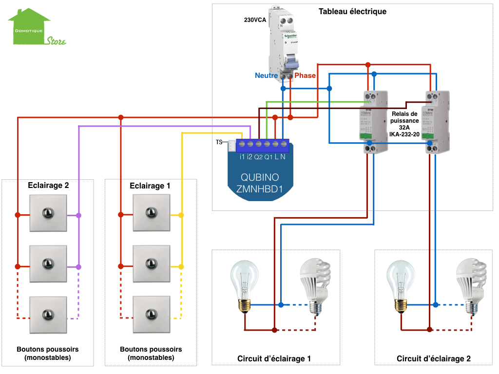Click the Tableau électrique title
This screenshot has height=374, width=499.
click(352, 11)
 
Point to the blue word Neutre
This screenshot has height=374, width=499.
click(266, 75)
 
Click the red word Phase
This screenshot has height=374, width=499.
click(305, 75)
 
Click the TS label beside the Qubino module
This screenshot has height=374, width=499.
click(219, 143)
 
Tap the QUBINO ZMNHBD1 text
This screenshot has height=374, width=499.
click(259, 184)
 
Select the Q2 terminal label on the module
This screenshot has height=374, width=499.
click(258, 157)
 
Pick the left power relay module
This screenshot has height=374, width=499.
click(372, 122)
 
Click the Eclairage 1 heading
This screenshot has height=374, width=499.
click(150, 186)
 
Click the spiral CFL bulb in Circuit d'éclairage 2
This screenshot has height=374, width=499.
click(471, 284)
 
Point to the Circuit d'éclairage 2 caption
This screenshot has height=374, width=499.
click(433, 359)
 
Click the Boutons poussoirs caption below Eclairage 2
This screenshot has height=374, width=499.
click(47, 353)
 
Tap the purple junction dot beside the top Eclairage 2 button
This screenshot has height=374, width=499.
click(78, 215)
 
